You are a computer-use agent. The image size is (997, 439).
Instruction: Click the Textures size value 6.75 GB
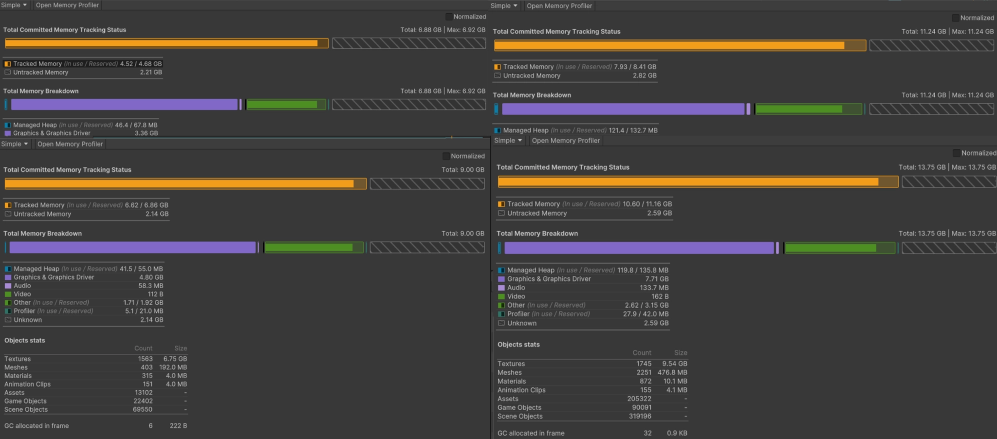pos(175,359)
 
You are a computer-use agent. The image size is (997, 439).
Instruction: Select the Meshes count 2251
pos(644,372)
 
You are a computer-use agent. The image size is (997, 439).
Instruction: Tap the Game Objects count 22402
pos(143,401)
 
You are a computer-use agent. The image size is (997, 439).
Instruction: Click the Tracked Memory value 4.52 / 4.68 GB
pos(141,64)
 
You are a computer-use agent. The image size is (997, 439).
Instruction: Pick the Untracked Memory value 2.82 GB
pos(645,75)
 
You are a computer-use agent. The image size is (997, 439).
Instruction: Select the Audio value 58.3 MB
pos(150,286)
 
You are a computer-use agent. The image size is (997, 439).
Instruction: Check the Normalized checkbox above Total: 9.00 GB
pos(446,156)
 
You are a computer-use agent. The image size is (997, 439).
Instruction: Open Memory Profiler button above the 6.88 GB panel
pos(67,5)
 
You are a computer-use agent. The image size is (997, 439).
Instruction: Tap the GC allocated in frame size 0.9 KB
pos(677,433)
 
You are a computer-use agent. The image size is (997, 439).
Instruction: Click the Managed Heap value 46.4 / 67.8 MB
pos(136,125)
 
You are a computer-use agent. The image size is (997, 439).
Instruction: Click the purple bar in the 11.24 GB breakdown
pos(623,109)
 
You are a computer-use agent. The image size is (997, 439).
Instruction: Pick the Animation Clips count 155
pos(646,390)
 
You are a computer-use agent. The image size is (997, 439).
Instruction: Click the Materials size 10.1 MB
pos(675,381)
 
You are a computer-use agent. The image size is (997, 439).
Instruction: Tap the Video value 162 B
pos(660,296)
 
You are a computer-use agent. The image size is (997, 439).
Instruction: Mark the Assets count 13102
pos(144,393)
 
